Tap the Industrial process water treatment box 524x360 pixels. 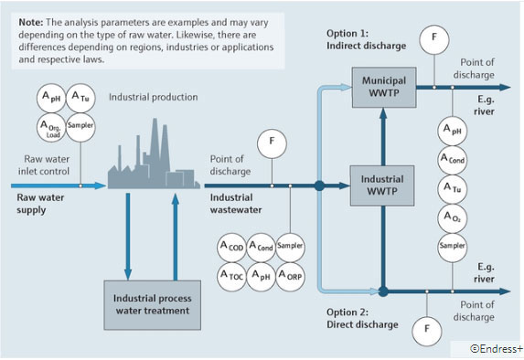[x=152, y=304]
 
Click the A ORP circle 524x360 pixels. [x=290, y=275]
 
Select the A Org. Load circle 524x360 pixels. [x=52, y=125]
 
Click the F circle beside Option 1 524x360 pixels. [x=433, y=39]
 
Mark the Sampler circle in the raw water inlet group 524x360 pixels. [x=80, y=125]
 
